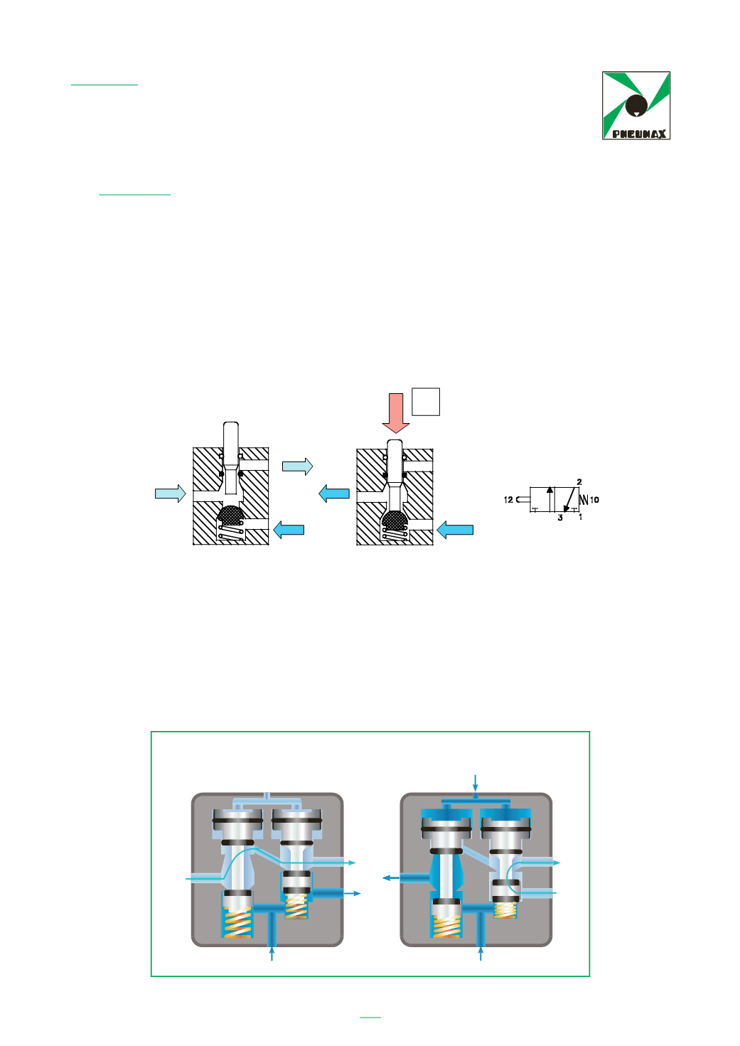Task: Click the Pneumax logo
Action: point(636,105)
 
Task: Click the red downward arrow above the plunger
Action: point(396,412)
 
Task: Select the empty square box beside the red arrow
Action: point(426,402)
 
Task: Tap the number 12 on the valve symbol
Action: point(508,500)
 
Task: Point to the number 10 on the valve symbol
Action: point(594,500)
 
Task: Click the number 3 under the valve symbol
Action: point(560,518)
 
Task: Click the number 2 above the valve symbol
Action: point(579,482)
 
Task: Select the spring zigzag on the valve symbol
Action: point(584,500)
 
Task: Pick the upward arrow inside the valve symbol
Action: point(549,498)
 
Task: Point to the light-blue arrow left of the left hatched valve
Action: point(171,493)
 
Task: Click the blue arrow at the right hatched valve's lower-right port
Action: point(455,530)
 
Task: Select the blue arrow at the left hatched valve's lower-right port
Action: point(289,530)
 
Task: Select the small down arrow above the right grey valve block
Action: point(476,781)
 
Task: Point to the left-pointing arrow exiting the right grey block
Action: point(391,878)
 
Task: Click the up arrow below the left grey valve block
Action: point(272,953)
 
